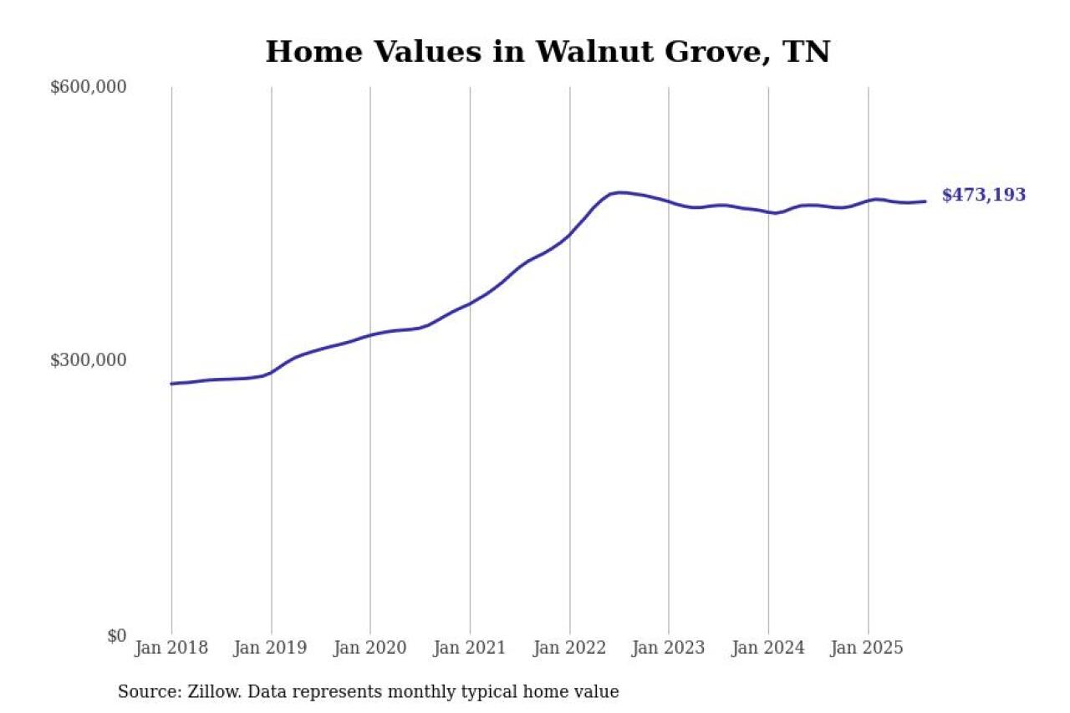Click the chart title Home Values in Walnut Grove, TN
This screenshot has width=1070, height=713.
click(x=548, y=52)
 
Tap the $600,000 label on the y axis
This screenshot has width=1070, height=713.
click(x=89, y=87)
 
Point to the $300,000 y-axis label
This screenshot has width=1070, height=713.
click(x=89, y=360)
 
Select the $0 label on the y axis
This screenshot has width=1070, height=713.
click(x=117, y=635)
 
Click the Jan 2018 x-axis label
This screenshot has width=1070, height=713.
click(x=171, y=649)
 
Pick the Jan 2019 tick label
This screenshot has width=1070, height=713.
click(x=271, y=649)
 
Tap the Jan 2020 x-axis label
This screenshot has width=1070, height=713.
click(x=370, y=649)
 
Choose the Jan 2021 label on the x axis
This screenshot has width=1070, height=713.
click(x=470, y=649)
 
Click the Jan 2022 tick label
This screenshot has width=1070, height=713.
click(x=569, y=649)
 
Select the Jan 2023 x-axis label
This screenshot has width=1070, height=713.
click(x=669, y=649)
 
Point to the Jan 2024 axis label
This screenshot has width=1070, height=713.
click(x=768, y=649)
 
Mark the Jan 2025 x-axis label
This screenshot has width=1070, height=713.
click(x=868, y=649)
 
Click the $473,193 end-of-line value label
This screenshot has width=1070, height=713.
click(x=984, y=196)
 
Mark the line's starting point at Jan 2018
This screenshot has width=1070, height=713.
click(x=172, y=384)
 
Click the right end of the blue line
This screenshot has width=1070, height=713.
click(x=925, y=201)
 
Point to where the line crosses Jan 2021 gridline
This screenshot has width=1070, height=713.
click(x=470, y=303)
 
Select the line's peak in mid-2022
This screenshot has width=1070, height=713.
click(x=620, y=192)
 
